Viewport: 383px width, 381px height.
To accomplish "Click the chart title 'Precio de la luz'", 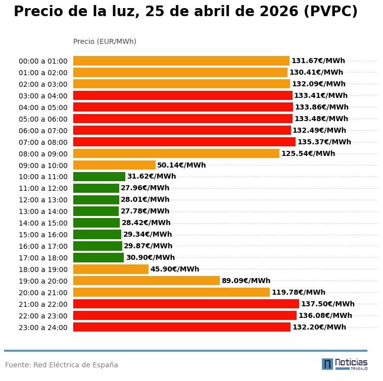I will point(185,12).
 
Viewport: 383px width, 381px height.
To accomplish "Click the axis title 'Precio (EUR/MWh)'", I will point(105,41).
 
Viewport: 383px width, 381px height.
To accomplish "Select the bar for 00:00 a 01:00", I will point(181,61).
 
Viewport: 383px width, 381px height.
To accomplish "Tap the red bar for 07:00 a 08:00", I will point(184,142).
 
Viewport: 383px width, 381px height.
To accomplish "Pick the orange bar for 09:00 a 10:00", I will point(114,165).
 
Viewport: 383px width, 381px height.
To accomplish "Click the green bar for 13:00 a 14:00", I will point(96,211).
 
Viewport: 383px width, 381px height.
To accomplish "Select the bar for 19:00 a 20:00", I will point(147,281).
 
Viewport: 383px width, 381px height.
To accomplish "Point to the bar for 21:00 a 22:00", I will point(186,304).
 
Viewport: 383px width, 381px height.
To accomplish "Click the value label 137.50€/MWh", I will point(327,304).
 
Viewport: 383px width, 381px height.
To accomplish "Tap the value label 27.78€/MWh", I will point(145,211).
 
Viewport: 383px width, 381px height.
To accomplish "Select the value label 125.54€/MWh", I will point(308,153).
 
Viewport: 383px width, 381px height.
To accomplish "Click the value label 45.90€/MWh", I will point(174,269).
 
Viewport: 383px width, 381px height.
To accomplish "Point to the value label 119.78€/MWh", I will point(298,292).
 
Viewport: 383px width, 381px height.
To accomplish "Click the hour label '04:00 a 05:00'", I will point(43,107).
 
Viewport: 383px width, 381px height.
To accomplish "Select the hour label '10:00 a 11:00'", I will point(43,177).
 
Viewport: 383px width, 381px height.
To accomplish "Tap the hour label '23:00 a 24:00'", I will point(43,328).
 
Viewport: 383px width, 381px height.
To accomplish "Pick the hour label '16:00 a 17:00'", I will point(43,246).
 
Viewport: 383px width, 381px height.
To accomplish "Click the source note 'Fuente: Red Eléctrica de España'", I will point(62,365).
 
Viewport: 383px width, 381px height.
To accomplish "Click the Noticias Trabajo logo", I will point(345,364).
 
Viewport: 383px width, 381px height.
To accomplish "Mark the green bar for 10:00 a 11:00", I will point(99,177).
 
